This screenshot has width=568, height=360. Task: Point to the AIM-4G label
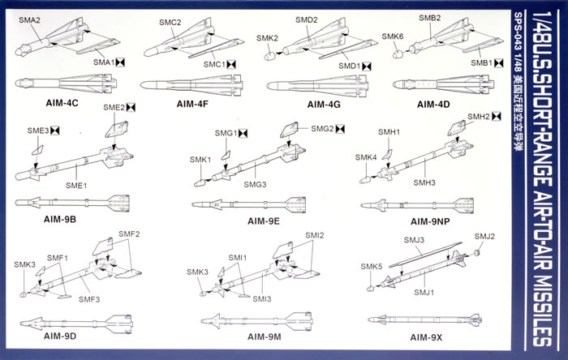click(307, 105)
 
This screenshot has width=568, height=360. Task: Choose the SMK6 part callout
click(393, 37)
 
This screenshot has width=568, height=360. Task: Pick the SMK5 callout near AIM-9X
click(372, 267)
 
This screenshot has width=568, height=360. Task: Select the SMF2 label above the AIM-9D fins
click(130, 235)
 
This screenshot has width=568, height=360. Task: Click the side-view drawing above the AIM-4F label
click(189, 84)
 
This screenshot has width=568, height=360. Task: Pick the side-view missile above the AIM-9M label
click(247, 319)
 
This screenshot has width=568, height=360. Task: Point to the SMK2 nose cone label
click(267, 38)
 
